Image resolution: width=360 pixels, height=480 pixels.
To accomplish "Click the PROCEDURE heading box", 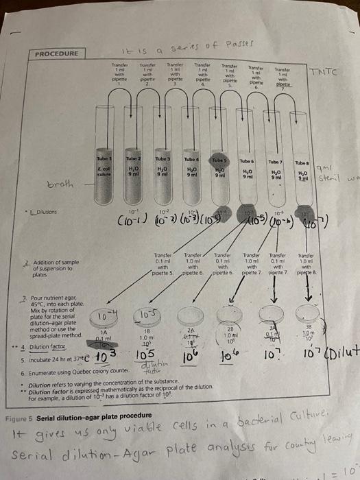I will click(x=57, y=53).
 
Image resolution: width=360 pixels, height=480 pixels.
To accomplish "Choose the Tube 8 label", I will click(x=300, y=163).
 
